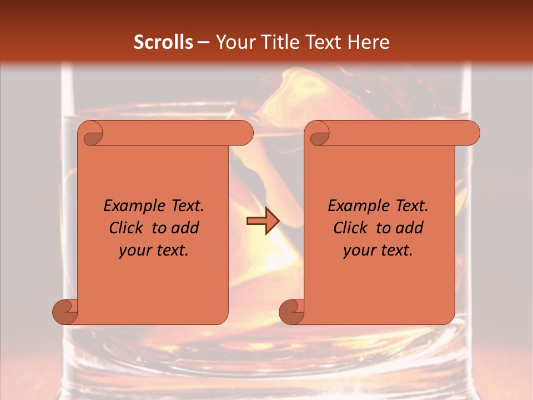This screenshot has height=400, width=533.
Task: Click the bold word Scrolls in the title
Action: [163, 42]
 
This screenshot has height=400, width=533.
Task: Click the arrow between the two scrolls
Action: [263, 221]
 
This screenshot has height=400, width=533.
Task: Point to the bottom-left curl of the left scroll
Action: [64, 311]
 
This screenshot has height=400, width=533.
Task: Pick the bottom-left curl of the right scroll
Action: [291, 311]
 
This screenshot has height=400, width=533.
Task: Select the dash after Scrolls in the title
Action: [204, 43]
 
